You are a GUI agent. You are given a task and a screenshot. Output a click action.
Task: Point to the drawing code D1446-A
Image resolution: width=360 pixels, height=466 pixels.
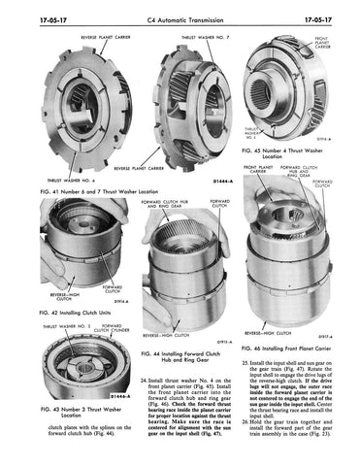coord(95,397)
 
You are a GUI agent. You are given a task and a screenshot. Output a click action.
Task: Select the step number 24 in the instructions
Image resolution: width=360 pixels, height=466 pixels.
coord(145,379)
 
